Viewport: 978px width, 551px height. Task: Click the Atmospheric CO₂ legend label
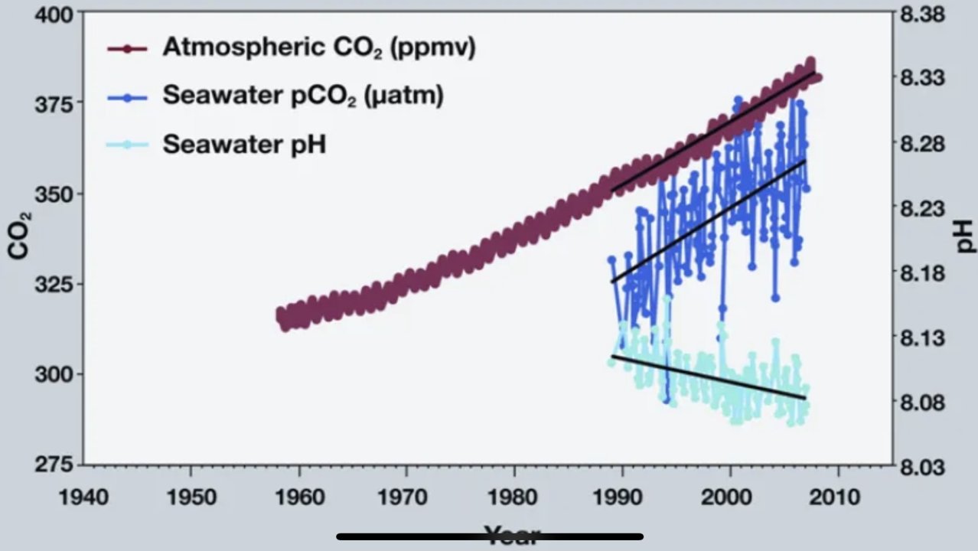point(319,47)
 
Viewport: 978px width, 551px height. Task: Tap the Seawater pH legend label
point(244,144)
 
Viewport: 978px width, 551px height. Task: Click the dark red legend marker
point(126,48)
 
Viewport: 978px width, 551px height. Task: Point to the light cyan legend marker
point(126,145)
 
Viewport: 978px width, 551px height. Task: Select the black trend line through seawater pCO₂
point(708,221)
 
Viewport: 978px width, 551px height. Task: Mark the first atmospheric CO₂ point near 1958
point(280,315)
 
